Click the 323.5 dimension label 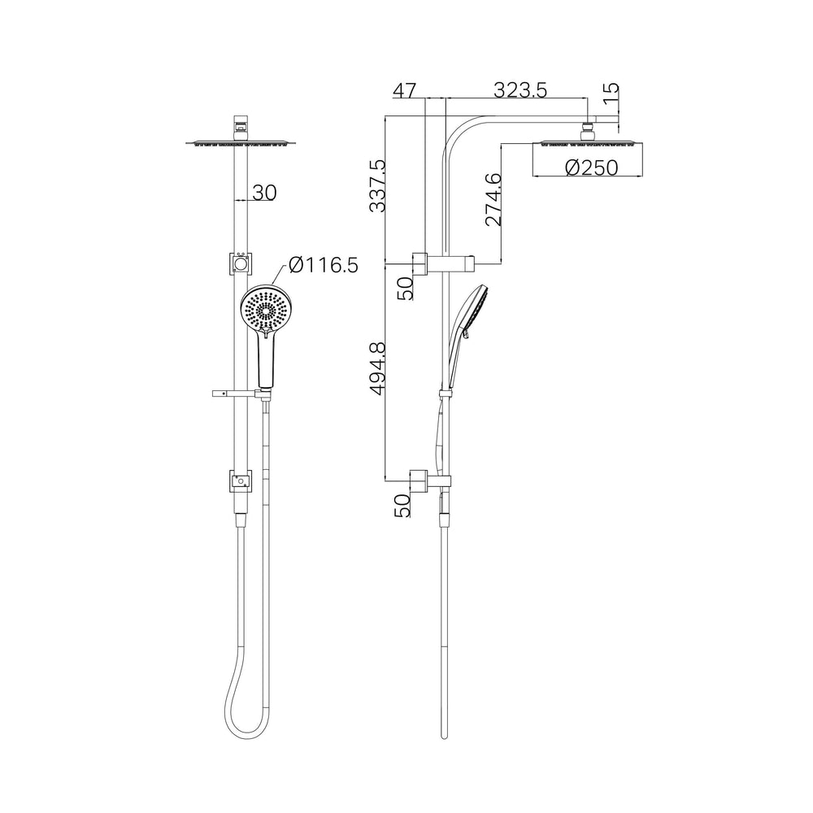click(520, 90)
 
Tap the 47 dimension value click(404, 90)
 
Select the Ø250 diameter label click(592, 167)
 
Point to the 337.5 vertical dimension click(377, 185)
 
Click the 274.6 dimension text click(493, 200)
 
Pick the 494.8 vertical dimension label click(377, 368)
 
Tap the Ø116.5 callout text click(324, 266)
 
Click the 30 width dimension click(265, 193)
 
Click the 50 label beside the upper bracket click(405, 288)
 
